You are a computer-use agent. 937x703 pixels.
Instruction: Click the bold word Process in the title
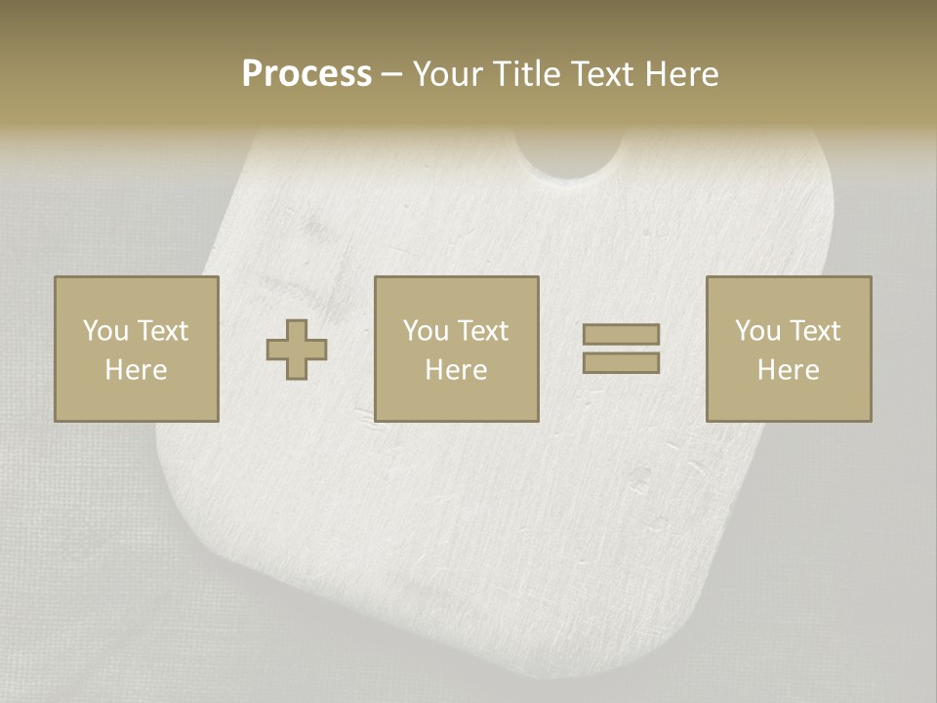(306, 74)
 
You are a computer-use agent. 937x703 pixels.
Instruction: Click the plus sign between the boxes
(297, 350)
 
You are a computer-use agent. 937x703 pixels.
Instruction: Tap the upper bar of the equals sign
(621, 334)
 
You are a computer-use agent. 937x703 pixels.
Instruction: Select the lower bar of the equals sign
(621, 363)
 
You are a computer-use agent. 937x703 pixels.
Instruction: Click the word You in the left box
(104, 331)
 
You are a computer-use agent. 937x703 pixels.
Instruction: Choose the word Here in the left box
(136, 370)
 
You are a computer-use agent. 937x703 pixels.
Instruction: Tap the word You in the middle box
(425, 331)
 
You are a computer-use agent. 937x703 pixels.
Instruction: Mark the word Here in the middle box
(456, 370)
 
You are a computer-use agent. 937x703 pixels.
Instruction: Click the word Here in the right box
(788, 370)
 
